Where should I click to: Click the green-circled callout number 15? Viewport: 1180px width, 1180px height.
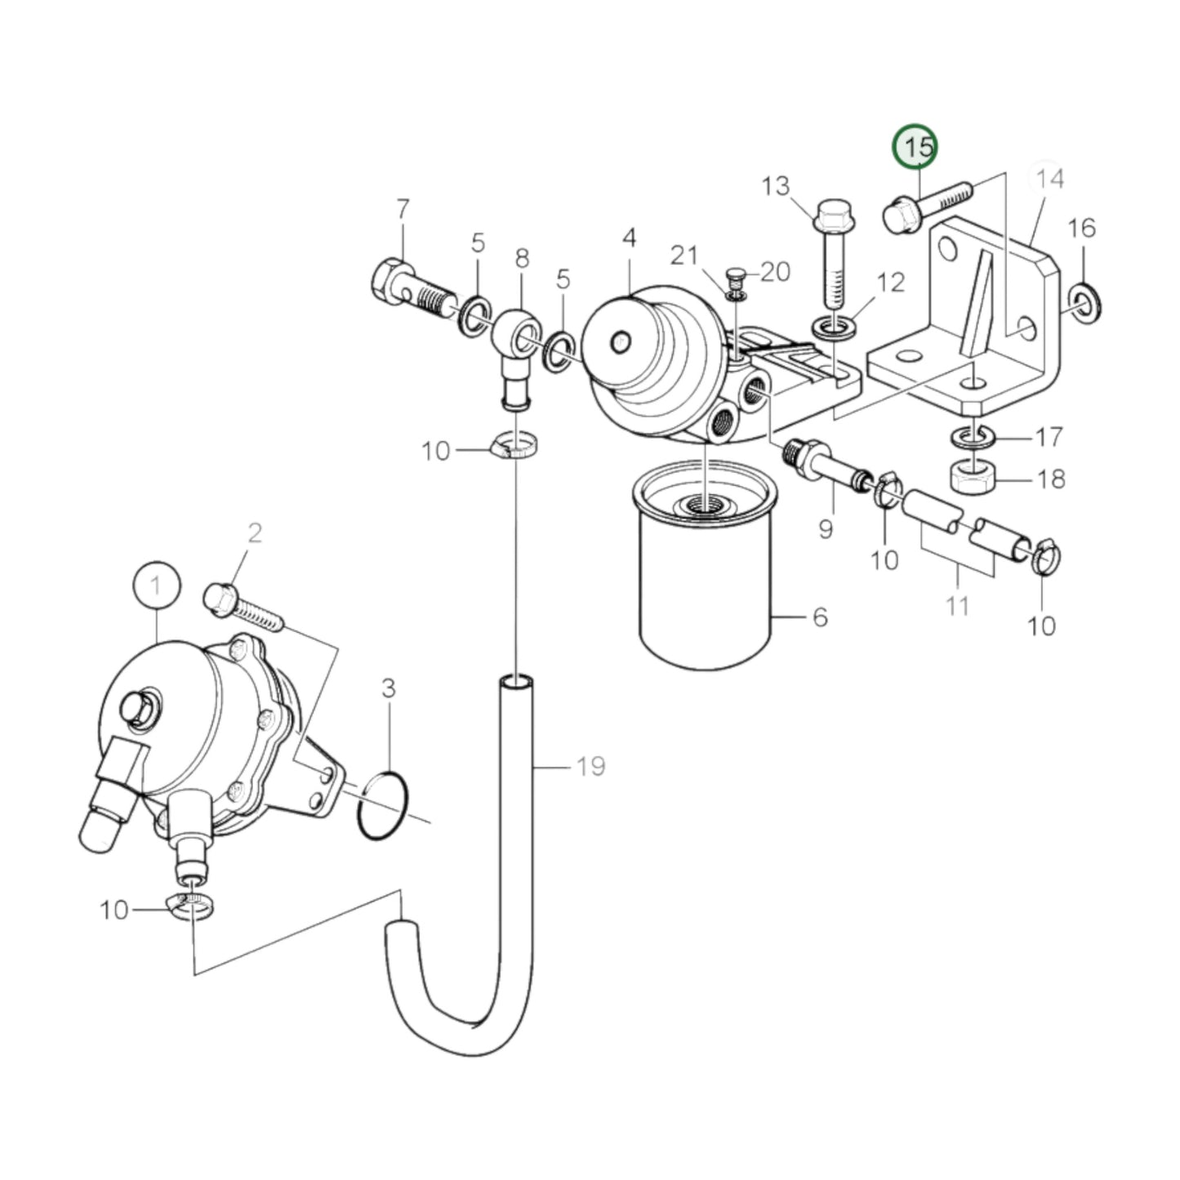915,148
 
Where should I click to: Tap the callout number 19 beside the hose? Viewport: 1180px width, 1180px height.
590,767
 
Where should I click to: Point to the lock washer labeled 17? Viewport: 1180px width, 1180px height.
969,436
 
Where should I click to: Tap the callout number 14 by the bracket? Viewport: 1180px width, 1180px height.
1050,178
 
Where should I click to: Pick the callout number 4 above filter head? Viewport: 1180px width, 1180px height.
628,238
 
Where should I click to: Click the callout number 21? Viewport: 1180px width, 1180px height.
684,256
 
